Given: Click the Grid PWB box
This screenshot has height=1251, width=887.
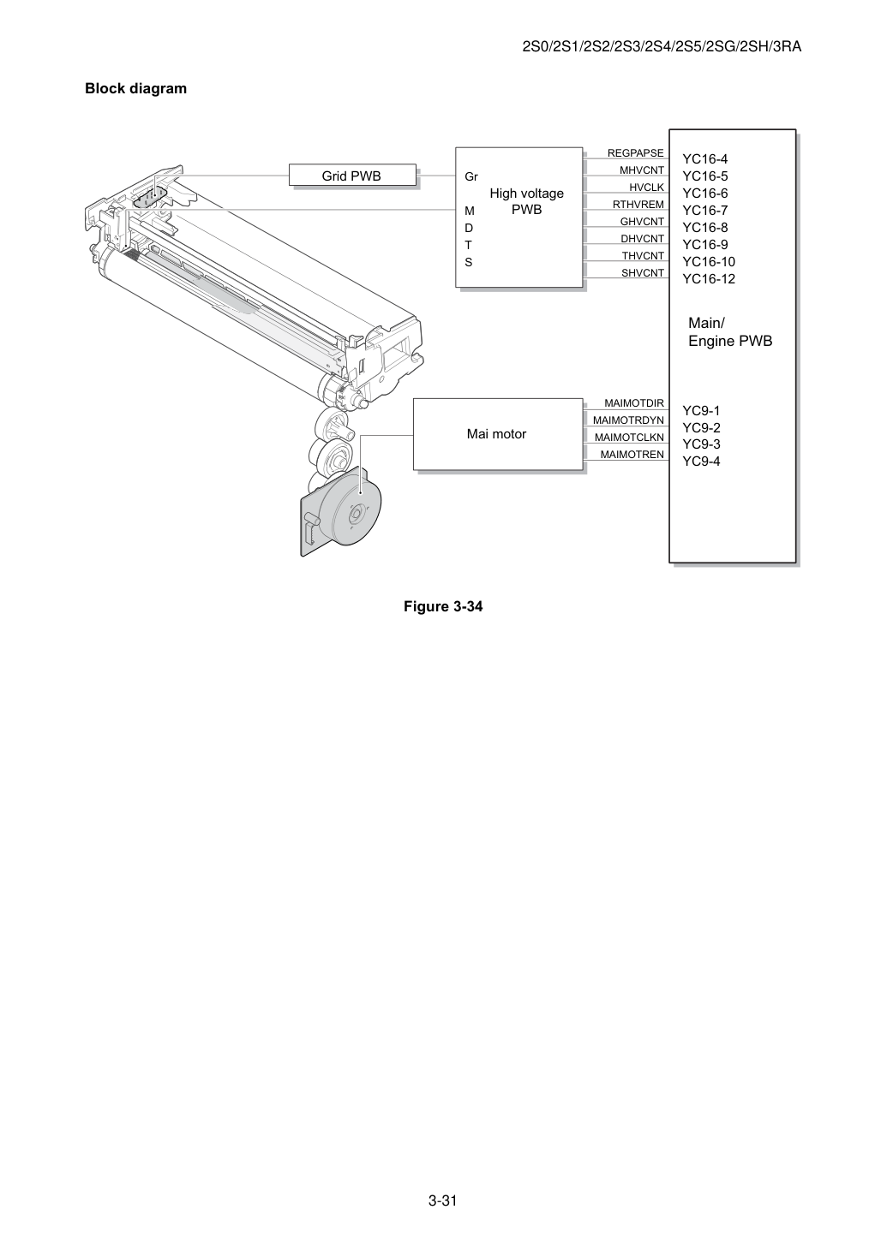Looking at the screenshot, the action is click(352, 175).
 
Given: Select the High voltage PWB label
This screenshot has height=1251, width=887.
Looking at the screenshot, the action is click(526, 201).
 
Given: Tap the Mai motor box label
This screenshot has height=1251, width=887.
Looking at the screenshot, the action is click(496, 434).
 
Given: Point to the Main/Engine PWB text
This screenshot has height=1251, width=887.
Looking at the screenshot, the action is click(730, 331).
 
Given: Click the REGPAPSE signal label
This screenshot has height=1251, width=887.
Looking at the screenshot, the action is click(636, 153).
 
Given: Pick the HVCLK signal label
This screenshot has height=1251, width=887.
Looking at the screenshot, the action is click(647, 187).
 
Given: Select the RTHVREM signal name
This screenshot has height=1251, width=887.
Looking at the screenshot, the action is click(638, 205).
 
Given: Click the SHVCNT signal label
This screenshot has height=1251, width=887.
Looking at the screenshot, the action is click(643, 272).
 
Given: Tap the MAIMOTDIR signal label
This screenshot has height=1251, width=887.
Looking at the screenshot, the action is click(634, 402).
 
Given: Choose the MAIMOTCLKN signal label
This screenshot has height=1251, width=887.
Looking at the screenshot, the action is click(629, 438).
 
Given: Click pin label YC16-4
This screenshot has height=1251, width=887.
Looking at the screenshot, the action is click(704, 159).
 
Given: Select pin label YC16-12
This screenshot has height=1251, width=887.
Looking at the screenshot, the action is click(709, 278).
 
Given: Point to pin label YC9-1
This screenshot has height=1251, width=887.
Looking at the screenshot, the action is click(701, 410).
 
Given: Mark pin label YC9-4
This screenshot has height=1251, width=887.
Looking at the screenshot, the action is click(701, 462).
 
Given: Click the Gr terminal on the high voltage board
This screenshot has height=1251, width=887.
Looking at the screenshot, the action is click(471, 177).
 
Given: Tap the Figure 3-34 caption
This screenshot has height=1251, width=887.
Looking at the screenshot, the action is click(443, 606).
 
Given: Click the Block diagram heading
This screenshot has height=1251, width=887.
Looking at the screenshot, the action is click(135, 88).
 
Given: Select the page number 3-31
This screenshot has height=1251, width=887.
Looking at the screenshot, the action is click(443, 1200).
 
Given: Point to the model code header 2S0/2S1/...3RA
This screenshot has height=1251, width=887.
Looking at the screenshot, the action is click(662, 47).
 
